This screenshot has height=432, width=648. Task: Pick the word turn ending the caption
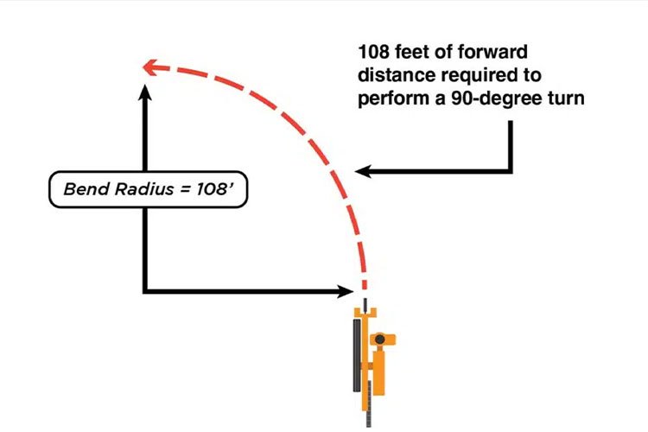click(568, 98)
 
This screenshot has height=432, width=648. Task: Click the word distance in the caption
click(394, 76)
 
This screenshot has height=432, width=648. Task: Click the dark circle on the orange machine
click(378, 341)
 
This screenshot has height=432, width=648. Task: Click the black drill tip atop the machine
click(365, 304)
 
